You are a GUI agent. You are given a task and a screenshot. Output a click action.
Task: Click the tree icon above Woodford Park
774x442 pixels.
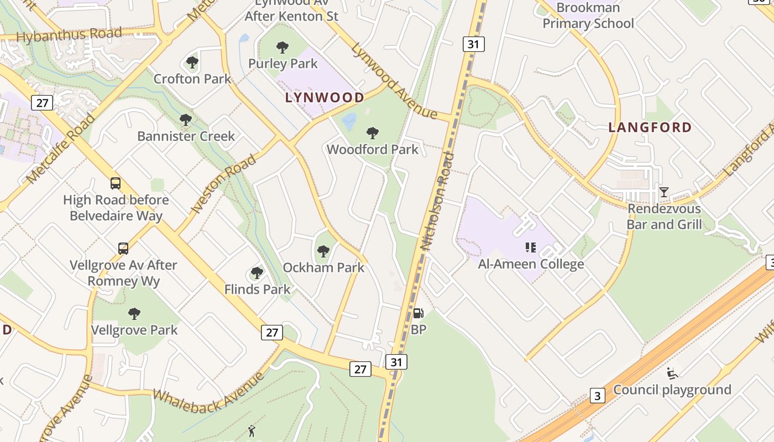[373, 133]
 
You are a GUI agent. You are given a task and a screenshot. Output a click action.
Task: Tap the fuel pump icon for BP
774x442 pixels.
[419, 313]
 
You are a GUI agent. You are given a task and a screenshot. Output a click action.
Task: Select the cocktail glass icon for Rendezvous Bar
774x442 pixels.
[664, 192]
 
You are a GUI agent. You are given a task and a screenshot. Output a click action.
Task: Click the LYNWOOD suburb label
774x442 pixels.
[325, 98]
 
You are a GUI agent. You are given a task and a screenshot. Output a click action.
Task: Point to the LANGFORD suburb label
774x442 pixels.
[650, 128]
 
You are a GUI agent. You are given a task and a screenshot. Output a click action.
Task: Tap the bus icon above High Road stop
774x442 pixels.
[116, 183]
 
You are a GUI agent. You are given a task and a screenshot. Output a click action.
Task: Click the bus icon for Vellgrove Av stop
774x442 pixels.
[123, 249]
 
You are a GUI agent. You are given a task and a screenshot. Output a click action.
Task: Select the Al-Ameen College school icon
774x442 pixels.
[531, 248]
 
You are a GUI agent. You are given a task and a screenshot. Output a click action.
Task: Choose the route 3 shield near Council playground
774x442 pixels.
[597, 396]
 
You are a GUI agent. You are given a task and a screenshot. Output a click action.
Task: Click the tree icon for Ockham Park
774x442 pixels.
[323, 251]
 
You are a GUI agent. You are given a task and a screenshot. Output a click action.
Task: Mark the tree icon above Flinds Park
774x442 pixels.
[257, 273]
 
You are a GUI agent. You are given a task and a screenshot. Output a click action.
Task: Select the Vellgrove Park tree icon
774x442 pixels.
[134, 314]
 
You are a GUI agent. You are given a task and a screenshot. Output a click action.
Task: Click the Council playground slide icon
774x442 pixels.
[672, 373]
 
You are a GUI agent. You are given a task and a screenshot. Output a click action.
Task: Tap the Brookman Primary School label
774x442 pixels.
[588, 15]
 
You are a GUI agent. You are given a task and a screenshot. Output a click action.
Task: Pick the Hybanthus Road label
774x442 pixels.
[69, 35]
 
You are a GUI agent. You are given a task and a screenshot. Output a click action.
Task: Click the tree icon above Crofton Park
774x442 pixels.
[192, 62]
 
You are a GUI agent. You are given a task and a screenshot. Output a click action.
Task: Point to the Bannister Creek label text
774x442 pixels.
[186, 136]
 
